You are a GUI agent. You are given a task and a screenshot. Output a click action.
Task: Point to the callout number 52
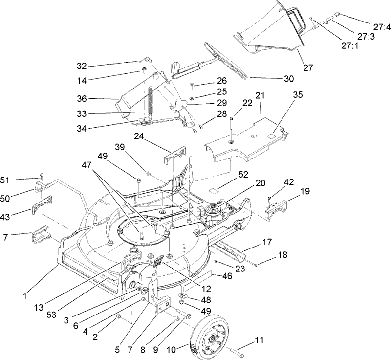243,174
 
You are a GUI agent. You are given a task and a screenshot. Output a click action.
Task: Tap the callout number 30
276,78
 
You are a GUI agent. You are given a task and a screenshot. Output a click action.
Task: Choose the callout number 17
266,241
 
